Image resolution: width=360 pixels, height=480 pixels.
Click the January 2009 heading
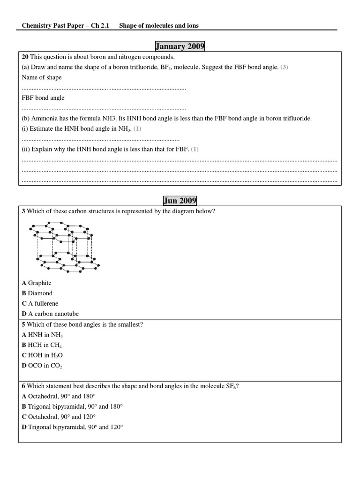pos(180,46)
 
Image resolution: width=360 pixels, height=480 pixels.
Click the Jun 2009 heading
pos(180,201)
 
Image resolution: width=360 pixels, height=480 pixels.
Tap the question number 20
pos(25,57)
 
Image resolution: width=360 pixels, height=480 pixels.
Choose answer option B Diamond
pos(37,293)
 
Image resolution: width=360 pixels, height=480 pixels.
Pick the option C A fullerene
pos(40,304)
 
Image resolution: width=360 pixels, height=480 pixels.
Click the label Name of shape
pos(42,77)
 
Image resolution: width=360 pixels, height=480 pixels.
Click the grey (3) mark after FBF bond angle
pos(284,67)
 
